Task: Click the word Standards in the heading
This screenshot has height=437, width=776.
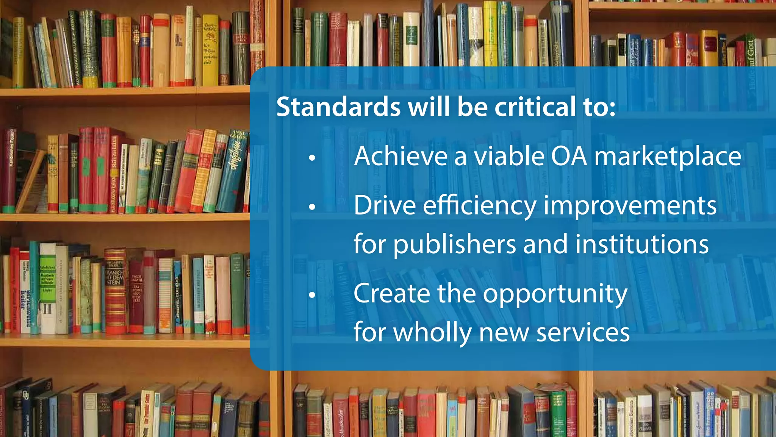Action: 338,107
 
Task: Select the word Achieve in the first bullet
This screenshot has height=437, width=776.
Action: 401,156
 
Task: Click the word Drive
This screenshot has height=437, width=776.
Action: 385,205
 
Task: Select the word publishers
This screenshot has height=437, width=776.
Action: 454,245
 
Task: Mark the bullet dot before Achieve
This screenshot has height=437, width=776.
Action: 312,158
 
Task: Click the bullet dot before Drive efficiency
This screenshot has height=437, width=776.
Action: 312,207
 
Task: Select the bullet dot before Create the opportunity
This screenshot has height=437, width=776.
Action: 312,295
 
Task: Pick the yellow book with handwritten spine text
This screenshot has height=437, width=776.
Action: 210,49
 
